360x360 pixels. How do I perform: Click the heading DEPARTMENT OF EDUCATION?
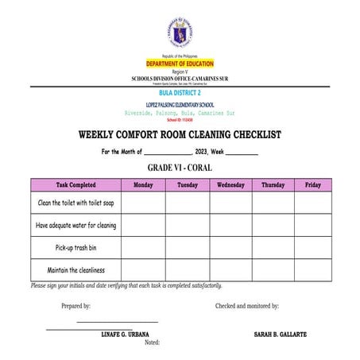179,64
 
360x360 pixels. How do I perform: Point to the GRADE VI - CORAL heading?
180,168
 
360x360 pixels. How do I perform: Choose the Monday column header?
143,185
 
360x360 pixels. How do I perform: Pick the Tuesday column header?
188,185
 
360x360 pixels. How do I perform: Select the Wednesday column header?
230,185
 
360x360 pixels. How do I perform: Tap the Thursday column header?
273,185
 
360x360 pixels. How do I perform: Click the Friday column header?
313,185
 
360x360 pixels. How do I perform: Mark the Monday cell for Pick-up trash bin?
143,248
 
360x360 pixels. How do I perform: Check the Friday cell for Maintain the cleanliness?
313,270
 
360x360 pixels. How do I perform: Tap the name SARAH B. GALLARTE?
280,334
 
